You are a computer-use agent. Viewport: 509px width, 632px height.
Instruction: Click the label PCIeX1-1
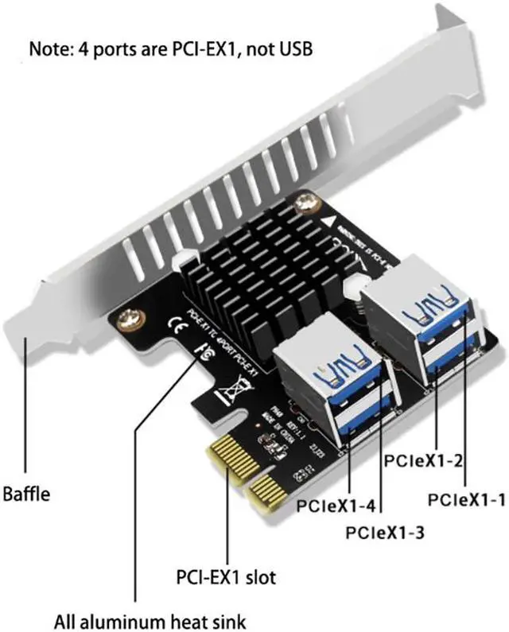point(466,499)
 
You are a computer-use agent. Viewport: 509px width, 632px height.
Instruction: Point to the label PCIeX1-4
point(335,504)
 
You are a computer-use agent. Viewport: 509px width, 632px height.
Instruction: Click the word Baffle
point(26,494)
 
